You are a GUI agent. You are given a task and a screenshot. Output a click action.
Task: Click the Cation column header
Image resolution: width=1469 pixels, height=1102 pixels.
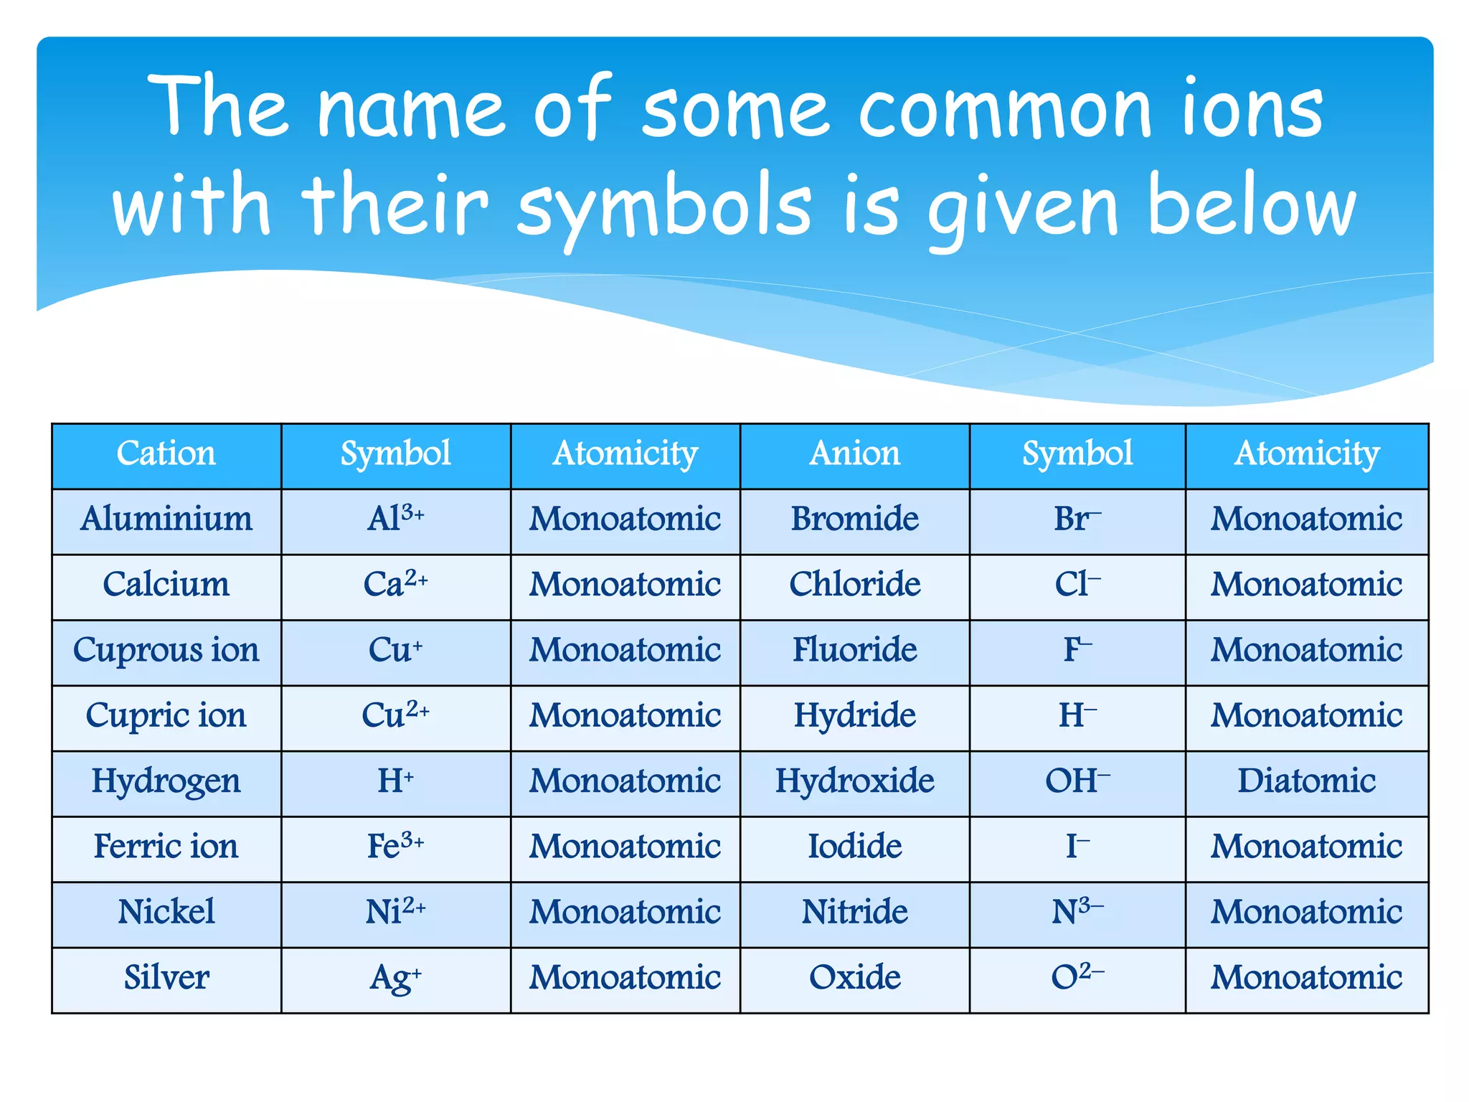[x=166, y=454]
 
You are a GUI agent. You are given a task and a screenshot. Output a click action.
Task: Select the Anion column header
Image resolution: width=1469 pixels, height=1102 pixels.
[x=854, y=454]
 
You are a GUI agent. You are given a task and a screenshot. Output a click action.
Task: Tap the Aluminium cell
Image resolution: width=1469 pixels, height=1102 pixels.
[x=166, y=519]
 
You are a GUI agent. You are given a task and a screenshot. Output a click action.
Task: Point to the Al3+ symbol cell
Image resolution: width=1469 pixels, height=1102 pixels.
[x=395, y=519]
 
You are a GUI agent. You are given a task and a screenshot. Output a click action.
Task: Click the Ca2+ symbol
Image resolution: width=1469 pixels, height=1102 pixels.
[x=395, y=585]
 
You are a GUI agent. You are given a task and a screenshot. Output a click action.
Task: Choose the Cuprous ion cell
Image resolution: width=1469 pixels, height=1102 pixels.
[x=166, y=651]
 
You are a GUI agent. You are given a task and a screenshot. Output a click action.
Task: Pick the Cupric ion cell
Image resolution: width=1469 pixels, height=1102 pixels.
[x=166, y=716]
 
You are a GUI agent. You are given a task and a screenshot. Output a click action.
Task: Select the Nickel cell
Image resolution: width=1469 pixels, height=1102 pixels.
[x=166, y=913]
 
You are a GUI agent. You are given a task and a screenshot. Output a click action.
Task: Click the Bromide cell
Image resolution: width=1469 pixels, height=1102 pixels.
[x=854, y=519]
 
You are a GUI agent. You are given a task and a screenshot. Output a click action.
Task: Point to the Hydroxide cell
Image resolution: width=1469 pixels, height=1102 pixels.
[x=854, y=781]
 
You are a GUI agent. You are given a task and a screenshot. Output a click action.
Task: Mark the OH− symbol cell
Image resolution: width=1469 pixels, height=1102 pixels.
[x=1077, y=781]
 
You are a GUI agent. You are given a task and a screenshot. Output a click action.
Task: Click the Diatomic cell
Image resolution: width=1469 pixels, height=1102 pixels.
[x=1307, y=781]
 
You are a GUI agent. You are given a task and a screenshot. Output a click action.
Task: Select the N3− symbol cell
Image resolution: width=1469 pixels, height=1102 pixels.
[x=1077, y=913]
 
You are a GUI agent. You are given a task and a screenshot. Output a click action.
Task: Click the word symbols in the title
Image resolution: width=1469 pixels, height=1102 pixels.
[x=663, y=208]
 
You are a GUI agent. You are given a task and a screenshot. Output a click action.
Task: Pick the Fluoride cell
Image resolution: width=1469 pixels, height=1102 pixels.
[x=854, y=651]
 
